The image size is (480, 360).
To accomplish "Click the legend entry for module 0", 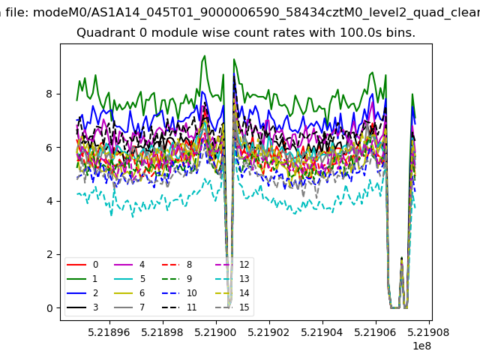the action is pos(82,265).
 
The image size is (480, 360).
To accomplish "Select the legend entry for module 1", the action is pos(82,278).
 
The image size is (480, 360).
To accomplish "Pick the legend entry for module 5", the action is pos(130,278).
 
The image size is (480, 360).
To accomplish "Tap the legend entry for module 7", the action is pos(130,307).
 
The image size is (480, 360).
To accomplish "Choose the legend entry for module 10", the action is pos(179,293).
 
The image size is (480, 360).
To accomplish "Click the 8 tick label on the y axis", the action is pos(49,94).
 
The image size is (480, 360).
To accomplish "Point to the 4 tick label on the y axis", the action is pos(49,201).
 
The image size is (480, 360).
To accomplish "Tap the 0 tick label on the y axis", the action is pos(49,308).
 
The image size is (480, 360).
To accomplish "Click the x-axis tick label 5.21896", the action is pos(109,332).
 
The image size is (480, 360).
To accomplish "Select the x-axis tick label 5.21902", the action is pos(268,332).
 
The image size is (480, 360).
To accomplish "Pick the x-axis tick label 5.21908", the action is pos(428,332).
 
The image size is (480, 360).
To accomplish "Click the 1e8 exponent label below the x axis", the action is pos(421,346).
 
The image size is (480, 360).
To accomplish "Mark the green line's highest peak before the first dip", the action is pos(205,56).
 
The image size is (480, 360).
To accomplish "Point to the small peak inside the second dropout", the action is pos(402,258).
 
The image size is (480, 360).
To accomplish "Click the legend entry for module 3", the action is pos(82,307).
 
